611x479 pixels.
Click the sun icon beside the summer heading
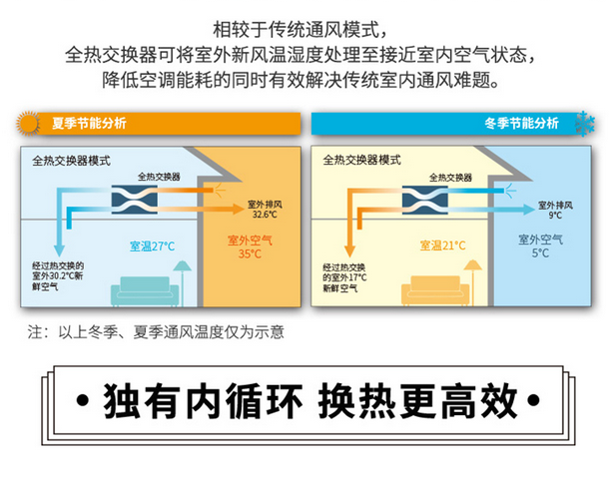[26, 123]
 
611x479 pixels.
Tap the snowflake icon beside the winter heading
[581, 123]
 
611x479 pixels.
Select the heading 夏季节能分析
[89, 124]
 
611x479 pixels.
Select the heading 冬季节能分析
[520, 124]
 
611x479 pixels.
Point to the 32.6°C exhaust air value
[264, 215]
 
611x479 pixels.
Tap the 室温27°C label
[152, 244]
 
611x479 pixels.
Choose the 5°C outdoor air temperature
[540, 252]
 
